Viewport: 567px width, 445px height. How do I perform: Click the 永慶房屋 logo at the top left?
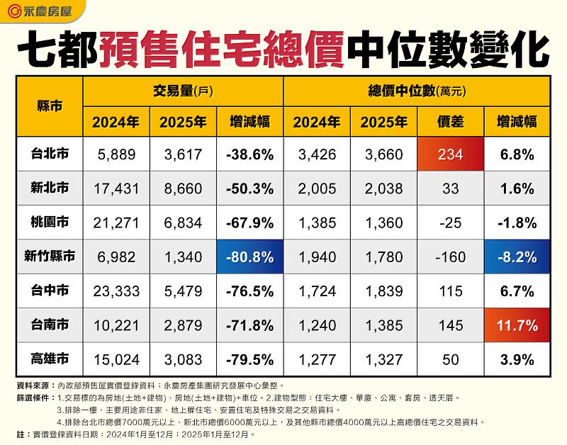41,12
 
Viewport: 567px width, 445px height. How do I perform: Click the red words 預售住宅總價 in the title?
223,48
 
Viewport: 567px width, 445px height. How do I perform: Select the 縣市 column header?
49,106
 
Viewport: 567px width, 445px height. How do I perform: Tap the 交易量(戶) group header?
183,91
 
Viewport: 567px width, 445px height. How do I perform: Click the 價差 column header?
451,122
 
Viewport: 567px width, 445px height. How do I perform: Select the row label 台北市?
49,154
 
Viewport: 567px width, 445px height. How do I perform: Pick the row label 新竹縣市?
49,257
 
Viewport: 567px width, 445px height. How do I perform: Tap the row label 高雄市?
49,359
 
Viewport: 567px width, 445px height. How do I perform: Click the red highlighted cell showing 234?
451,154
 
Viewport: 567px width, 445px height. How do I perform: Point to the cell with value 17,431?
116,188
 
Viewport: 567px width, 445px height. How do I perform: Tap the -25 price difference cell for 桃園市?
451,222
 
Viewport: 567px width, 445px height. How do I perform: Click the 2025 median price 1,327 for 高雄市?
383,359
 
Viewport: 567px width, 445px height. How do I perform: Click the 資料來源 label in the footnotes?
34,385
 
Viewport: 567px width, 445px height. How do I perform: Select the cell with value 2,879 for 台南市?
183,325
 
